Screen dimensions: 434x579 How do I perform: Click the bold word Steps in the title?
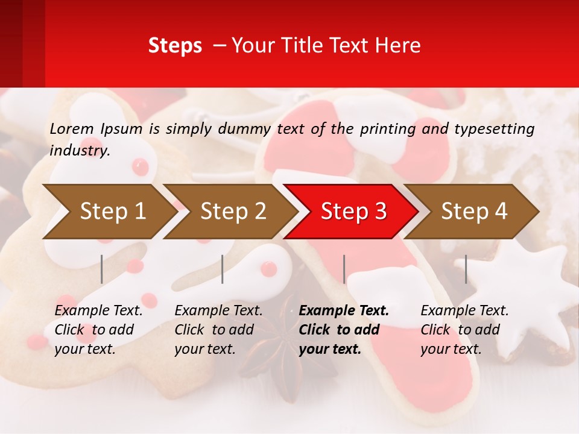tap(175, 46)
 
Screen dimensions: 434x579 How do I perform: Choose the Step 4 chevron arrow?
tap(473, 212)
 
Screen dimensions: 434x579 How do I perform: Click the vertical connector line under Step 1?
tap(102, 269)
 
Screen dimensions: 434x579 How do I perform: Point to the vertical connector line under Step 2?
tap(223, 269)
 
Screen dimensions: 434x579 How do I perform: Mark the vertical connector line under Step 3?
tap(344, 269)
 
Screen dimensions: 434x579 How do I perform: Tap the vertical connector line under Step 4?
tap(466, 269)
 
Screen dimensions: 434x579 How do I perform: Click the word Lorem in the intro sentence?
tap(72, 128)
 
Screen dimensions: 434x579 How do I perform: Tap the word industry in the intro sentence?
tap(79, 151)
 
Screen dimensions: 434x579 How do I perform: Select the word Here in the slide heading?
tap(400, 46)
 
